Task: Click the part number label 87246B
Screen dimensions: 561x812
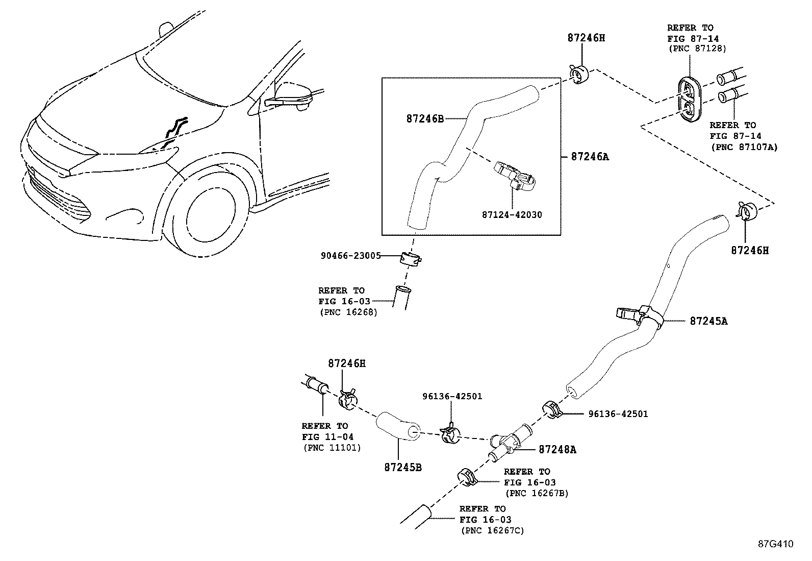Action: coord(425,118)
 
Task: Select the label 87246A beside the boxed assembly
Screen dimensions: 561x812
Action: coord(590,157)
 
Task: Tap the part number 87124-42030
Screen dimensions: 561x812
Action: coord(512,215)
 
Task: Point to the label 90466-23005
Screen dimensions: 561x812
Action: coord(350,256)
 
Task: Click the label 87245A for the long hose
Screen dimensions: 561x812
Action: coord(708,321)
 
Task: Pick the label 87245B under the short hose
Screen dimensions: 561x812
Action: coord(402,467)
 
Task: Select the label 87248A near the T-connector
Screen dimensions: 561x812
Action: coord(557,450)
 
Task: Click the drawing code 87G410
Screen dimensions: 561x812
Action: coord(775,544)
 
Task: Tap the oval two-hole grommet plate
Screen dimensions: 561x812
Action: coord(689,101)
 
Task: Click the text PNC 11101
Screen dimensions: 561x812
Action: coord(332,448)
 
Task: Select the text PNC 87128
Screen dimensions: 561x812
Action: coord(697,49)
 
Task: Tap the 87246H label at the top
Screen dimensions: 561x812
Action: coord(586,38)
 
